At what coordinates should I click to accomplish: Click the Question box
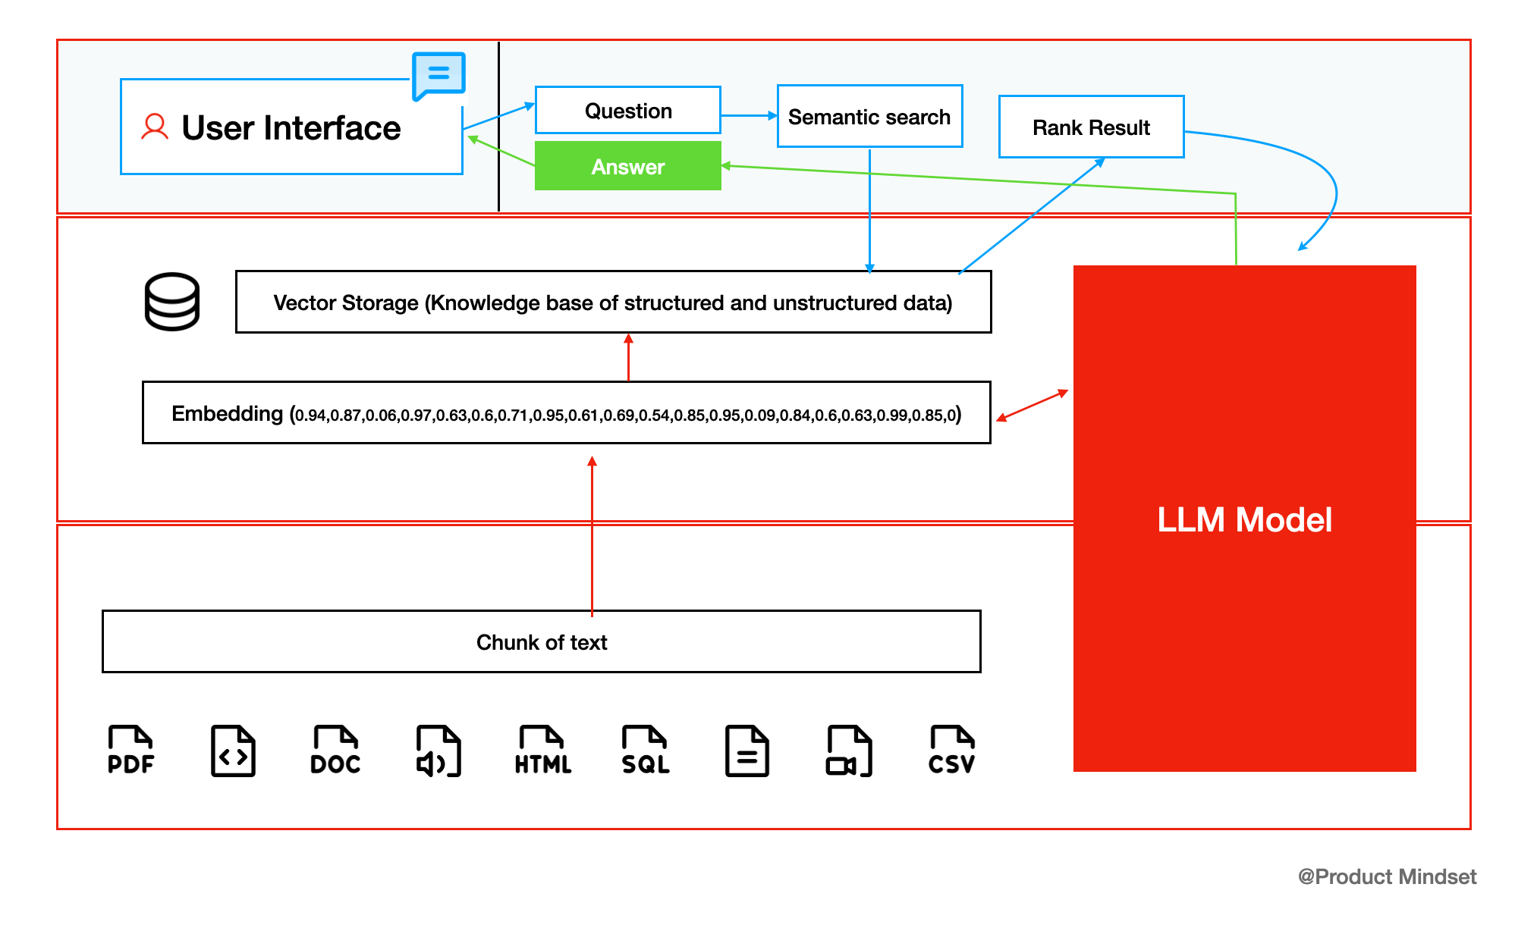[x=628, y=111]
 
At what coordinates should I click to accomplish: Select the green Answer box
[x=628, y=166]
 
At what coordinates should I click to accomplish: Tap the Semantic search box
[x=869, y=117]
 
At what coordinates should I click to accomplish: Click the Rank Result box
[x=1091, y=127]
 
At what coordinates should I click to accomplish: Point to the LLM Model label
[x=1244, y=520]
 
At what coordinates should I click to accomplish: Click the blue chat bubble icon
[x=438, y=75]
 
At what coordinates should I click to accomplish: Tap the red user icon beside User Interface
[x=155, y=127]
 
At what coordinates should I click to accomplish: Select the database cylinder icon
[x=172, y=302]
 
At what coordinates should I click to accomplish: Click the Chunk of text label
[x=542, y=642]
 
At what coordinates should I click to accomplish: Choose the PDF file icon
[x=130, y=751]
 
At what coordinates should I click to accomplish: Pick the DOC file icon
[x=335, y=751]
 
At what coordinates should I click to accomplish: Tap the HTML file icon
[x=542, y=751]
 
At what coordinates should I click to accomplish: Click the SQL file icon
[x=646, y=751]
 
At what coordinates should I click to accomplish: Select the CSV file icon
[x=951, y=751]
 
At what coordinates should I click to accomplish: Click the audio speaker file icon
[x=438, y=751]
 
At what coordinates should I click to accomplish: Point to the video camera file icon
[x=849, y=751]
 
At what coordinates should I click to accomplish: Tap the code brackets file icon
[x=233, y=751]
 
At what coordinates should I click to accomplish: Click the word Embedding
[x=227, y=413]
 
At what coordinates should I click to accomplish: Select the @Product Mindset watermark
[x=1387, y=876]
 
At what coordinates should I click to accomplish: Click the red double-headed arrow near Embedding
[x=1032, y=406]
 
